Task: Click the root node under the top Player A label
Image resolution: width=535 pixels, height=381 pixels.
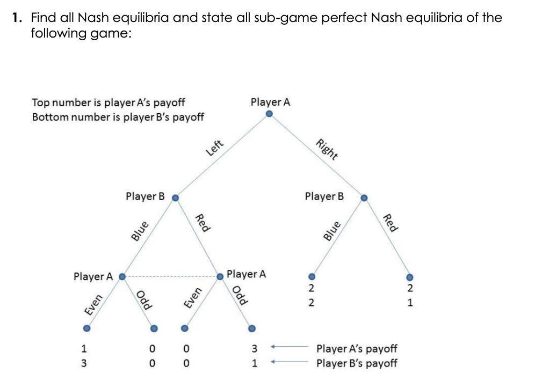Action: pos(270,114)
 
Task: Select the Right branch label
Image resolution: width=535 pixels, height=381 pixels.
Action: pos(327,150)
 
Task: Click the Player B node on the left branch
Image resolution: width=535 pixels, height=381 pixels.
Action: pos(175,197)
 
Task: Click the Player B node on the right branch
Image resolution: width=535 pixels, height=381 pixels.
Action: pos(364,197)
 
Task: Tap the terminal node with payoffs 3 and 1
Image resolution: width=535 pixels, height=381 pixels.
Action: pos(251,328)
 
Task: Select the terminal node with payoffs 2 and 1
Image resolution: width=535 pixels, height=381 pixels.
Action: pos(409,277)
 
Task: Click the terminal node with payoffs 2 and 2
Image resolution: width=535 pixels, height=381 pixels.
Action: pos(310,277)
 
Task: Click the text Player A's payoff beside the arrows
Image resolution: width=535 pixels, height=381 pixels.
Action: pos(357,349)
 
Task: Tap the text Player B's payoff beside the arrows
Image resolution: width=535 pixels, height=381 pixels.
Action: pos(357,363)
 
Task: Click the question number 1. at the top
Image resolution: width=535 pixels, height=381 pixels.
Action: pos(18,18)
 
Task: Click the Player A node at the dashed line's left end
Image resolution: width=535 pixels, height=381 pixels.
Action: pos(122,277)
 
